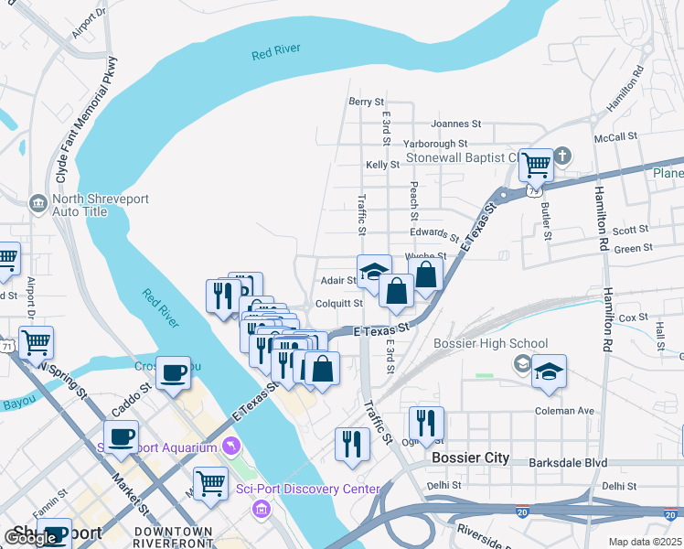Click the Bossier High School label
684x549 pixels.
point(491,344)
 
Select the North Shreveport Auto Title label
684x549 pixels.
point(102,205)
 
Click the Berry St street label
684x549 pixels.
point(365,102)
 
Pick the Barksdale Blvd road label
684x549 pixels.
point(569,463)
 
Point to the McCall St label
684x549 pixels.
point(615,137)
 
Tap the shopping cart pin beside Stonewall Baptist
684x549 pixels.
point(536,165)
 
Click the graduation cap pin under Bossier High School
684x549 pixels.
point(549,371)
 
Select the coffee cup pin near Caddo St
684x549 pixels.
point(173,373)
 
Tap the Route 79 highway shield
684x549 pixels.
point(534,191)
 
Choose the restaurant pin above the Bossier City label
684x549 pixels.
point(426,423)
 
